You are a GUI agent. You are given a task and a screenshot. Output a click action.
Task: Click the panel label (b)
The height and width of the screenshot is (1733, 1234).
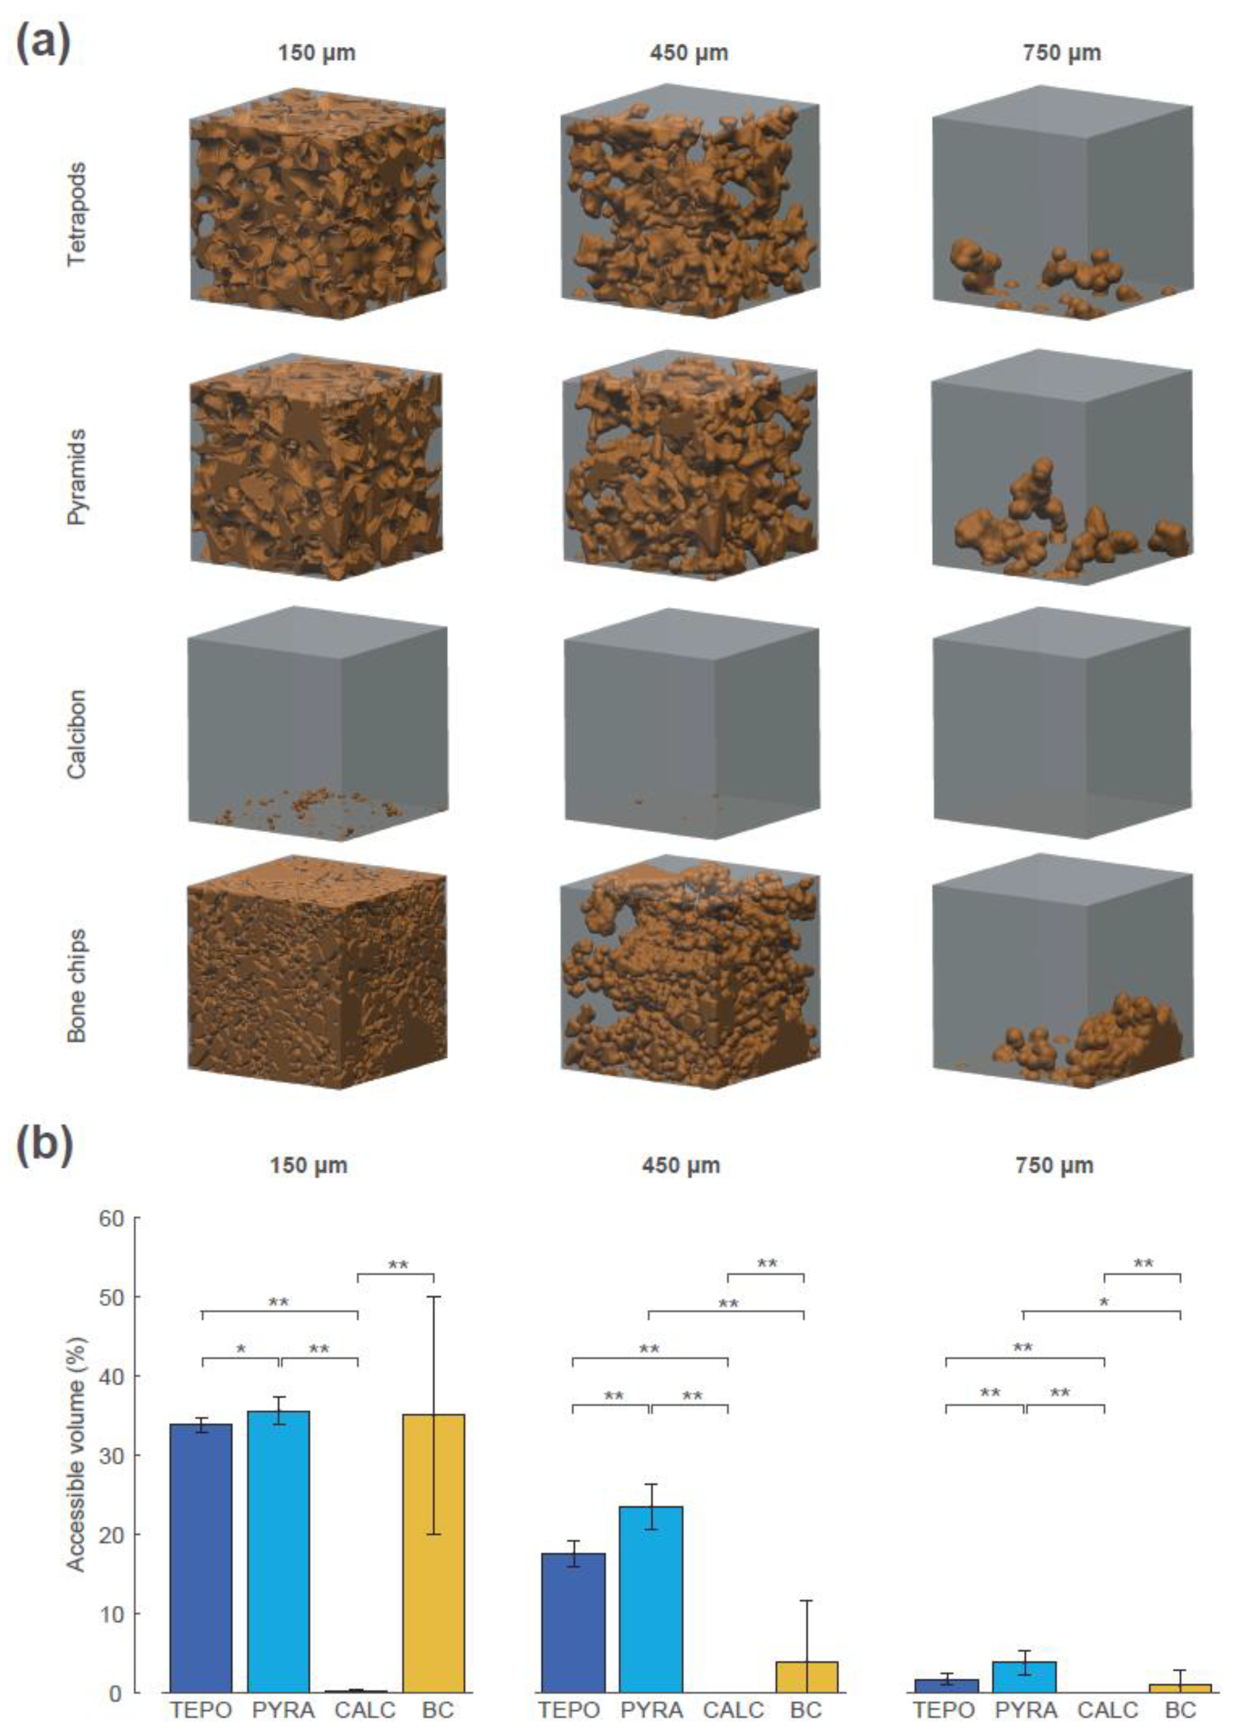[x=44, y=1143]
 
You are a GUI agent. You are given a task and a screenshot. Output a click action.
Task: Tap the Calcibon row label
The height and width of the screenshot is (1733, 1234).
[x=77, y=734]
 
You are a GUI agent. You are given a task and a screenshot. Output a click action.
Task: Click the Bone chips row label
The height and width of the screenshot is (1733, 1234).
[x=77, y=985]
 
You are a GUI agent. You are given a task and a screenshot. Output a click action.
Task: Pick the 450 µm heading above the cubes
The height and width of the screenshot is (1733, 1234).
[x=689, y=53]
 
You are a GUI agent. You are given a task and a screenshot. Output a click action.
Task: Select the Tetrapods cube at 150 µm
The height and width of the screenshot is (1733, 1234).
[x=317, y=204]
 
